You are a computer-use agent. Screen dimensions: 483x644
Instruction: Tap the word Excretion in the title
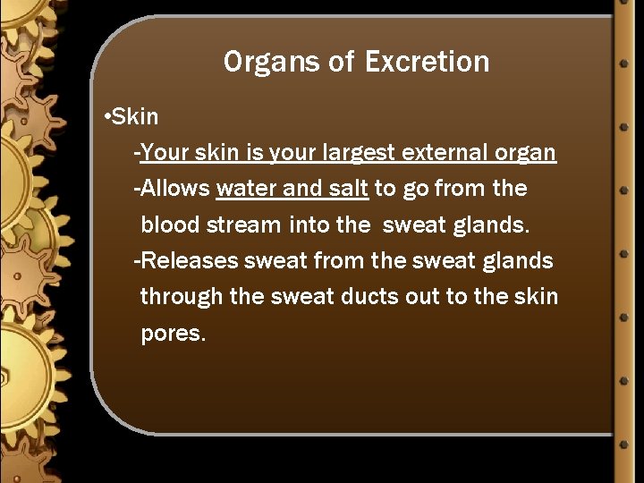pyautogui.click(x=427, y=63)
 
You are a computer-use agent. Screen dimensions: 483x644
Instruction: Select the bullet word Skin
pyautogui.click(x=136, y=117)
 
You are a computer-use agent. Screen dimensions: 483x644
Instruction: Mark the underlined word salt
pyautogui.click(x=345, y=189)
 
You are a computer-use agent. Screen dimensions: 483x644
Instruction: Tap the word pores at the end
pyautogui.click(x=172, y=335)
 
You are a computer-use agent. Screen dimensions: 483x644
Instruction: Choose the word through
pyautogui.click(x=182, y=297)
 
